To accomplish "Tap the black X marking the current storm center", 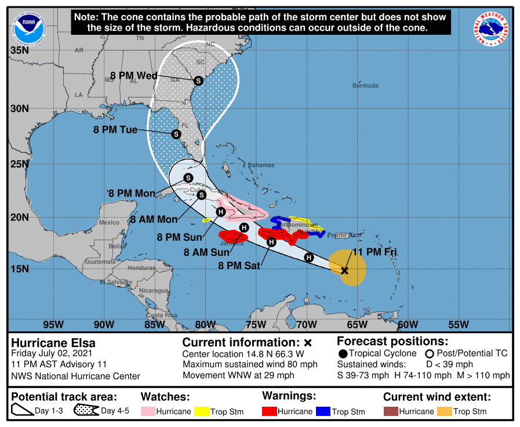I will tap(344, 270).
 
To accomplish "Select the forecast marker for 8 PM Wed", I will tap(198, 81).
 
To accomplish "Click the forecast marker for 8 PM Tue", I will tap(176, 134).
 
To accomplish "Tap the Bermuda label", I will tap(365, 85).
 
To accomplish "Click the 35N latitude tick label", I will tap(19, 50).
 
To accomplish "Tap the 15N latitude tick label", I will tap(19, 269).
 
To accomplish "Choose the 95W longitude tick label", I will tap(53, 324).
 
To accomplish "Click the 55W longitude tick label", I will tap(458, 324).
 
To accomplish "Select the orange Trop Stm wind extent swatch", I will tap(445, 411).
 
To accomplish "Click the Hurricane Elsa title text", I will tap(53, 342).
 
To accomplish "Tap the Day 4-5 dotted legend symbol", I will tap(86, 411).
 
